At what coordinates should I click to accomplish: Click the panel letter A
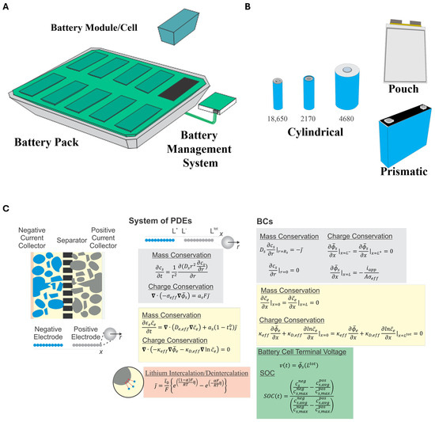click(x=7, y=7)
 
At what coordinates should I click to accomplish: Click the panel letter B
click(x=248, y=7)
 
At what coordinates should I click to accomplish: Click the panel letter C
click(x=7, y=208)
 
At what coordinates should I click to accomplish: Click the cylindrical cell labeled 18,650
click(x=278, y=93)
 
